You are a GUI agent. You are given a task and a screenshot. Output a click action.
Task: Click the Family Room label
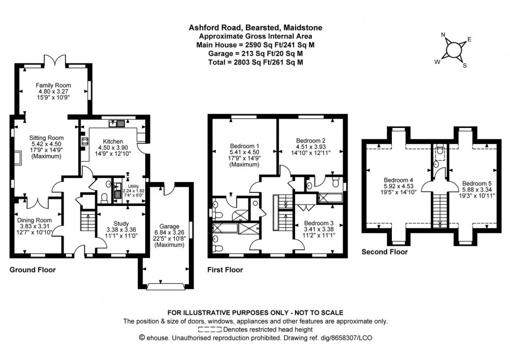53,85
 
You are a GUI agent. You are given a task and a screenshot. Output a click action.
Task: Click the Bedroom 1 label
245,146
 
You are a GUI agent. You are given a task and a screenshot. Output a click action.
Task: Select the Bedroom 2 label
311,140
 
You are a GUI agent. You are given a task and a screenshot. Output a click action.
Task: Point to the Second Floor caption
385,252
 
